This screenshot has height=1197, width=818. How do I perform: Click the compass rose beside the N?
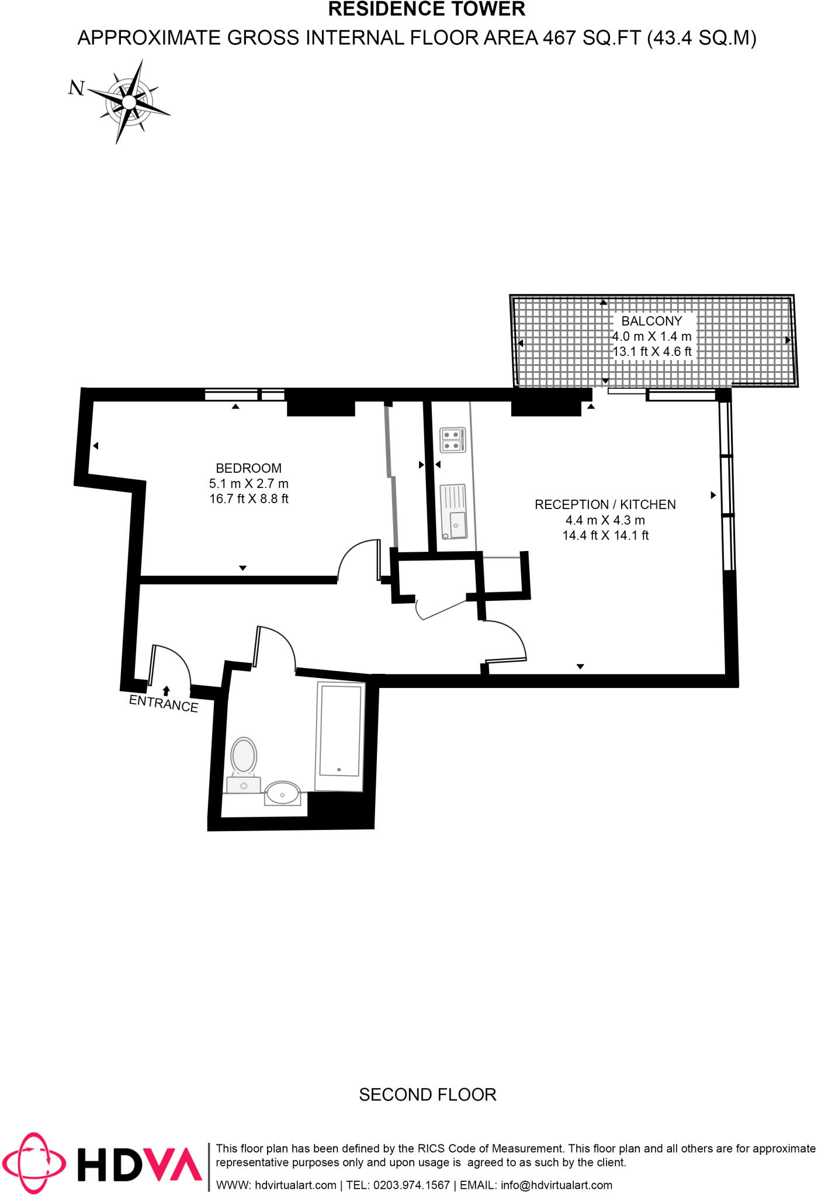129,102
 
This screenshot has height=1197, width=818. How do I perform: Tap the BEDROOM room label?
248,468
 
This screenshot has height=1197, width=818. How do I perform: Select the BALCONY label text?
651,321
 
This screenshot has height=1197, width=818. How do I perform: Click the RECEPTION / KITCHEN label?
605,504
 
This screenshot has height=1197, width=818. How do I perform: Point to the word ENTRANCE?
164,703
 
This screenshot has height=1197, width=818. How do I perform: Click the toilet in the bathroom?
244,757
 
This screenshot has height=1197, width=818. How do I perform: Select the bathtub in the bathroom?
340,731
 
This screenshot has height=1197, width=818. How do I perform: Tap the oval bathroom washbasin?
283,794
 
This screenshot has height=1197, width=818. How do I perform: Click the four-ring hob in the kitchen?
452,440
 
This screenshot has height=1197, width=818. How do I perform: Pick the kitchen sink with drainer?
453,511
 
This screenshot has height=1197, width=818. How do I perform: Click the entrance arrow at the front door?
167,691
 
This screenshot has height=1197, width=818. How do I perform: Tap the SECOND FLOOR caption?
427,1094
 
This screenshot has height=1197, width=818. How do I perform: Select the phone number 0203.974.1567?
411,1185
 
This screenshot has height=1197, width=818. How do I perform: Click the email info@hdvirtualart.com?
556,1185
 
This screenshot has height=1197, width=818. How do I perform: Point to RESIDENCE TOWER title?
427,9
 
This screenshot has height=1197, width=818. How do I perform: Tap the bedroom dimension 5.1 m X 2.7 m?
248,483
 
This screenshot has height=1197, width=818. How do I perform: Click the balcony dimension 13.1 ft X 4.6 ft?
651,351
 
